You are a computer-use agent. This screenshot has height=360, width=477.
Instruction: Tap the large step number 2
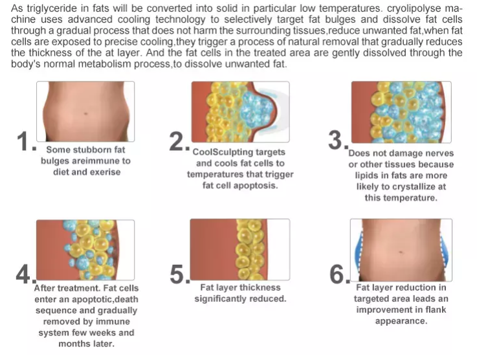(x=177, y=142)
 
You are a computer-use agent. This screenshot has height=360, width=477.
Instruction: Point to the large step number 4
(x=23, y=274)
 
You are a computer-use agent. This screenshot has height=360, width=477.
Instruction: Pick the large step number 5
(x=177, y=274)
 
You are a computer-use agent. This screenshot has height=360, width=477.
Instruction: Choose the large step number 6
(x=337, y=274)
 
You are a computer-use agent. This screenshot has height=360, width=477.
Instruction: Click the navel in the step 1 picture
(x=85, y=113)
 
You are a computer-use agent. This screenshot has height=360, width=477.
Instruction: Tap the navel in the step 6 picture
(x=401, y=252)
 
